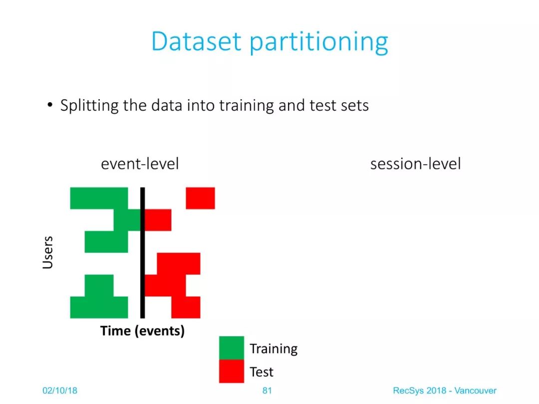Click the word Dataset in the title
196,41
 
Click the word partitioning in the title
318,42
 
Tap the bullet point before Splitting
50,104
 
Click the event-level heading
140,164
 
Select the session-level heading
416,164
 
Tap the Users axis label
48,252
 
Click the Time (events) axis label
142,331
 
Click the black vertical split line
143,253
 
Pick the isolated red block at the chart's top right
201,198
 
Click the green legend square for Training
232,348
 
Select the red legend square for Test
232,371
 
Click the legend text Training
273,349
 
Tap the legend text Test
262,372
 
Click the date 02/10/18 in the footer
60,391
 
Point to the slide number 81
267,391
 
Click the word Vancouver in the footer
476,391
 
